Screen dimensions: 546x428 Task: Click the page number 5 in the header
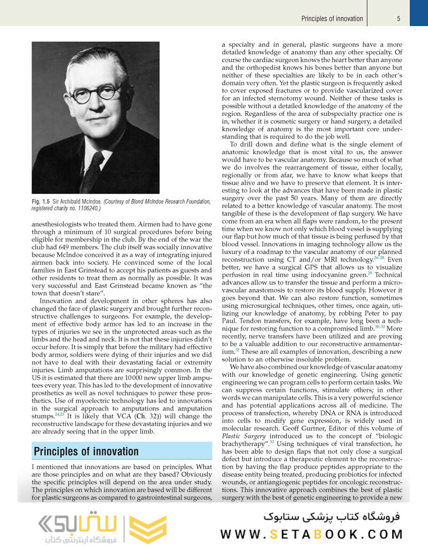tap(399, 19)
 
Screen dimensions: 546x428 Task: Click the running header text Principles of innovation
tap(332, 19)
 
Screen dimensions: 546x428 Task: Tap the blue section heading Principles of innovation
tap(86, 452)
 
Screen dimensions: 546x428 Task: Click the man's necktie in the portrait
tap(92, 171)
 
